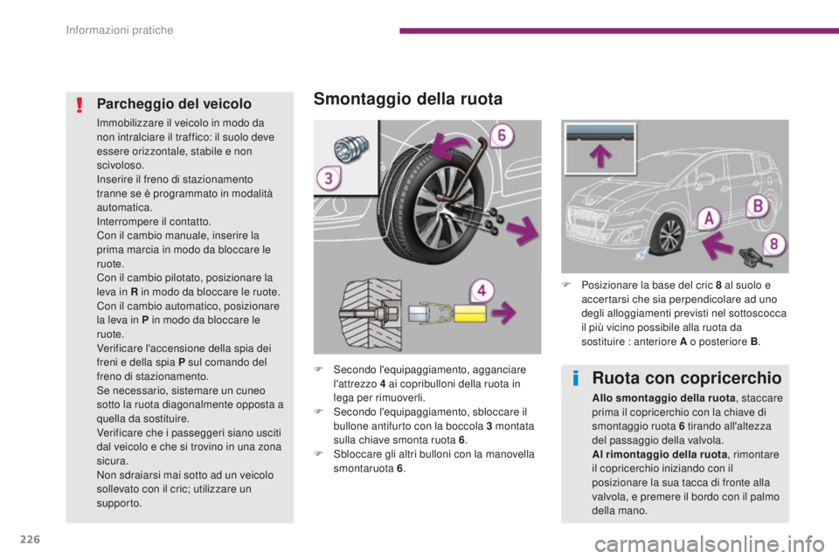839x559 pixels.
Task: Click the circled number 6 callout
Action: (502, 135)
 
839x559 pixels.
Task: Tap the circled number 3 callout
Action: (329, 178)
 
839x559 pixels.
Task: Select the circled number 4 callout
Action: (482, 291)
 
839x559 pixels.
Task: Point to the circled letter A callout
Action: (709, 218)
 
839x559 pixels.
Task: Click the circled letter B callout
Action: (758, 205)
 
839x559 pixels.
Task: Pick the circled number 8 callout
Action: (773, 245)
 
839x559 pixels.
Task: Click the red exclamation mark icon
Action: (80, 104)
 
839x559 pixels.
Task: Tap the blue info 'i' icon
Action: (576, 378)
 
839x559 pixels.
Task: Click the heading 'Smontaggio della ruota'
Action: (408, 99)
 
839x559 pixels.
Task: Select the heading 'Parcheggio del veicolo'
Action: (174, 104)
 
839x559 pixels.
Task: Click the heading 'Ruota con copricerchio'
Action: (687, 378)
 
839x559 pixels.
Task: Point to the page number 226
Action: (30, 539)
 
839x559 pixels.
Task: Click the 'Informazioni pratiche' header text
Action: (120, 30)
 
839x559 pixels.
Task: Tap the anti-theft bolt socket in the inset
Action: (350, 148)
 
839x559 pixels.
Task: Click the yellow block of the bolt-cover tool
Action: (470, 314)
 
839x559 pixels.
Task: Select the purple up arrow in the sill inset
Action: (600, 155)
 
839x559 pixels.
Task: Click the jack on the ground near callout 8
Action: (753, 258)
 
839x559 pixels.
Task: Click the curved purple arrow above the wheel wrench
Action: (453, 146)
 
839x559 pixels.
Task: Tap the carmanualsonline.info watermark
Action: (709, 545)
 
